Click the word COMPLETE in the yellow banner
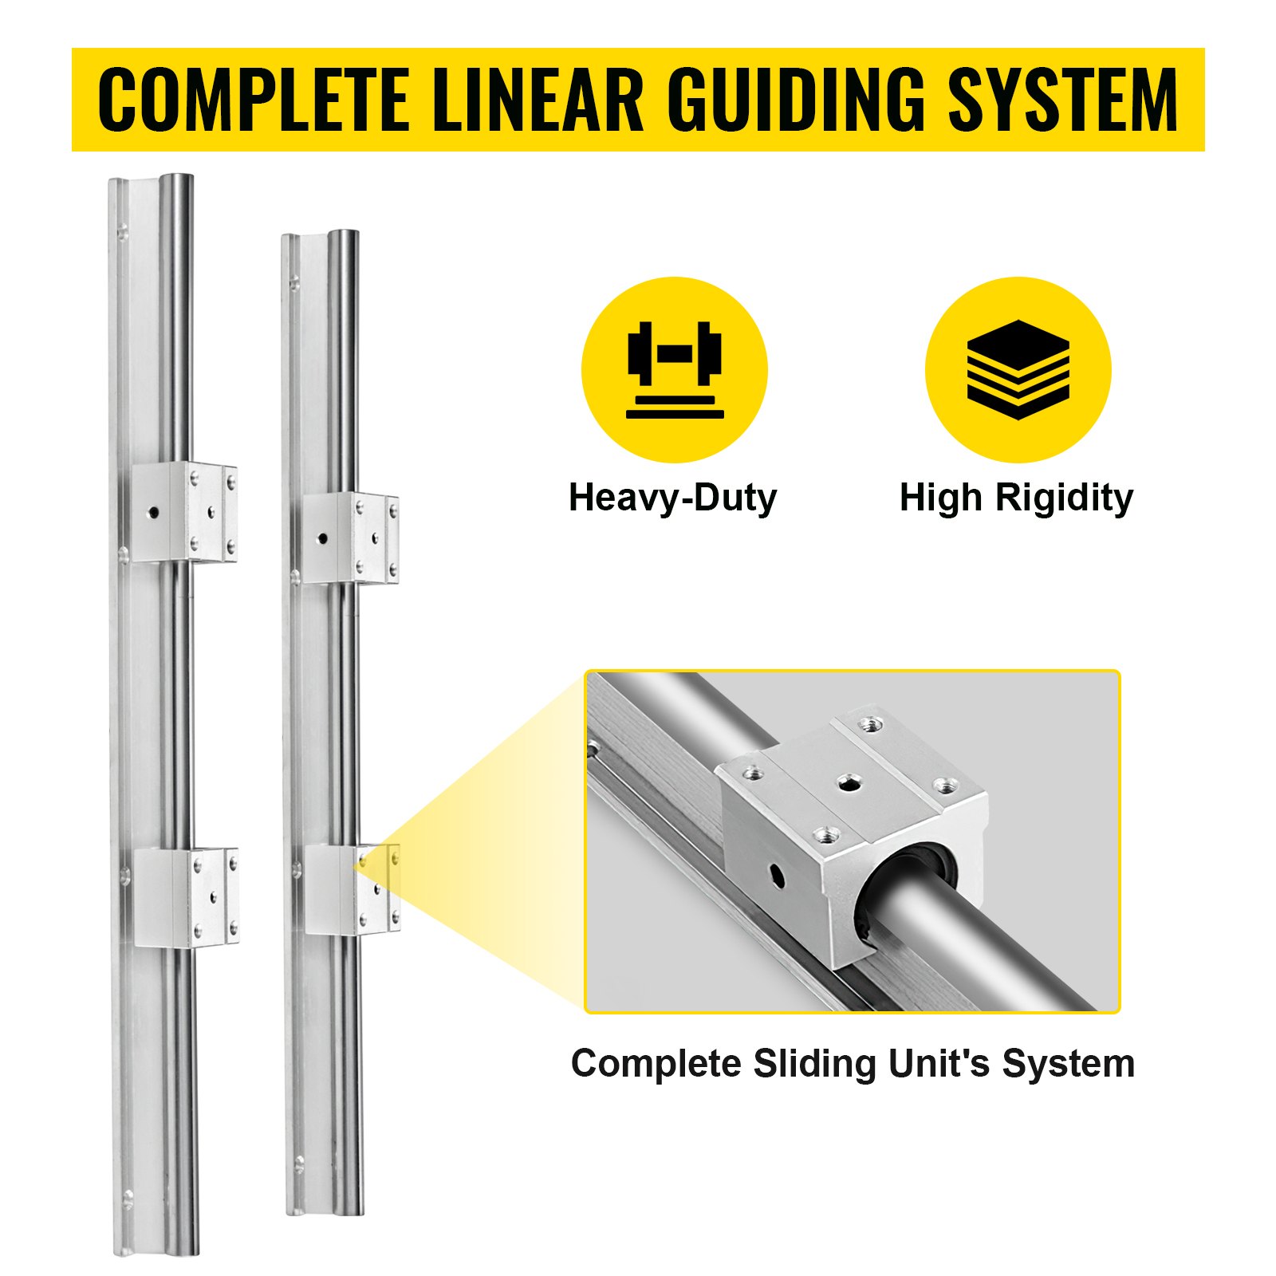[251, 100]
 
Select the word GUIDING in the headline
[797, 100]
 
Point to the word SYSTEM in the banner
[1062, 100]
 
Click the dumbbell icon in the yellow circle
[674, 368]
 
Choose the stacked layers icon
[1018, 368]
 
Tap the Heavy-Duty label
[672, 498]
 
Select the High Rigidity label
[1016, 498]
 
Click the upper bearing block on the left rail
[184, 513]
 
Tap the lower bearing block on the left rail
[186, 897]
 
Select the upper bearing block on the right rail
[350, 538]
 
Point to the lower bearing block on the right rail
[352, 888]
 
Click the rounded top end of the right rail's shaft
[344, 237]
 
